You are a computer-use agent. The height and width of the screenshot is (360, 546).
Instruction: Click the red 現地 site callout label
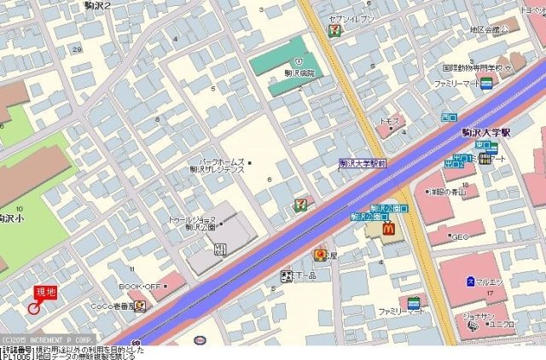tap(45, 293)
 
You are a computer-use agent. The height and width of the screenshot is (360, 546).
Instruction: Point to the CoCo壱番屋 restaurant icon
tap(139, 306)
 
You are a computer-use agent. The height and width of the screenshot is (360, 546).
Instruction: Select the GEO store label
tap(460, 236)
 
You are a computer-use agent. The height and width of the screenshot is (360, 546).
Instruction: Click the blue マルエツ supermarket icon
tap(471, 282)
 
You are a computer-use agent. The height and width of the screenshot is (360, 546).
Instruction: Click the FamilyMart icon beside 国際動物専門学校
tap(486, 84)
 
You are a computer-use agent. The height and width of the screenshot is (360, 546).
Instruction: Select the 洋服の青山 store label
tap(448, 192)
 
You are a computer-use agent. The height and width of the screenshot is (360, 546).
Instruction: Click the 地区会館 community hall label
tap(488, 29)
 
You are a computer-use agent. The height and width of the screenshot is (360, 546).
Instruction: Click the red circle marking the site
tap(34, 307)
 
